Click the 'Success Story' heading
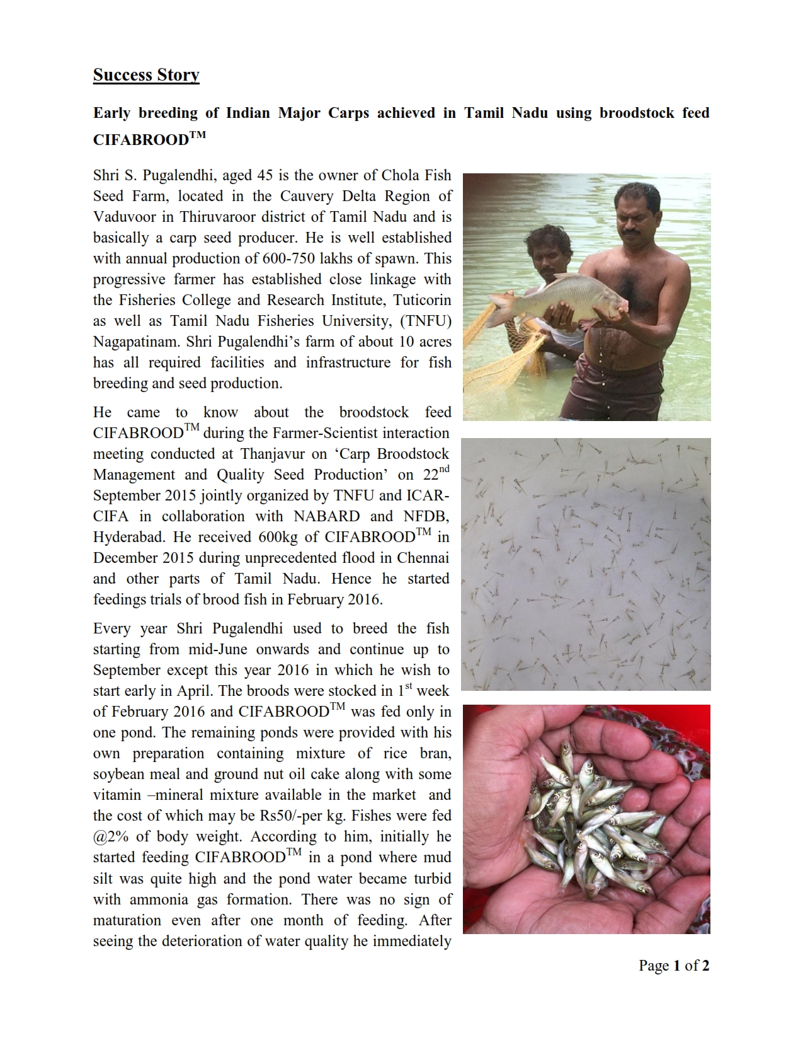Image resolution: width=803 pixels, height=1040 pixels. click(x=146, y=75)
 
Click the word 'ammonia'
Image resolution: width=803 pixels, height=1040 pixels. click(x=157, y=899)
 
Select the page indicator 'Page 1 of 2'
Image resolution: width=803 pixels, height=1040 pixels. click(x=674, y=965)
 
